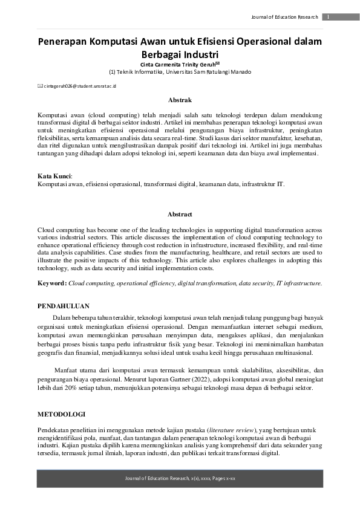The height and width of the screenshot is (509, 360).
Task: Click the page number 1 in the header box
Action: (327, 17)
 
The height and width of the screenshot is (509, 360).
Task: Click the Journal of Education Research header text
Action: (284, 17)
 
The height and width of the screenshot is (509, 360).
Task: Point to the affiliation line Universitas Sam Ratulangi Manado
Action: (180, 72)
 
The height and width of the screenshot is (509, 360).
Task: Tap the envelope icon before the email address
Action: (40, 86)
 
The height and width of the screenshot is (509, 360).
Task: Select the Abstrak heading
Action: (180, 100)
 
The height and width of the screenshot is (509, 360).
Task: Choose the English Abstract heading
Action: (180, 214)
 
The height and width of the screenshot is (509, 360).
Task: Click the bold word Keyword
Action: (51, 282)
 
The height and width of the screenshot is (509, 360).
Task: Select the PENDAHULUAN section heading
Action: (64, 306)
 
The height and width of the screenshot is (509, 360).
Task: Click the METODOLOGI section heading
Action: (61, 414)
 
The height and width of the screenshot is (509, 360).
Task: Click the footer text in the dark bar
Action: (180, 479)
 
